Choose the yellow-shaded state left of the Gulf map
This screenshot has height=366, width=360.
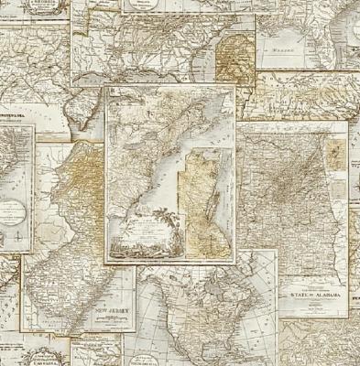(231, 50)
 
